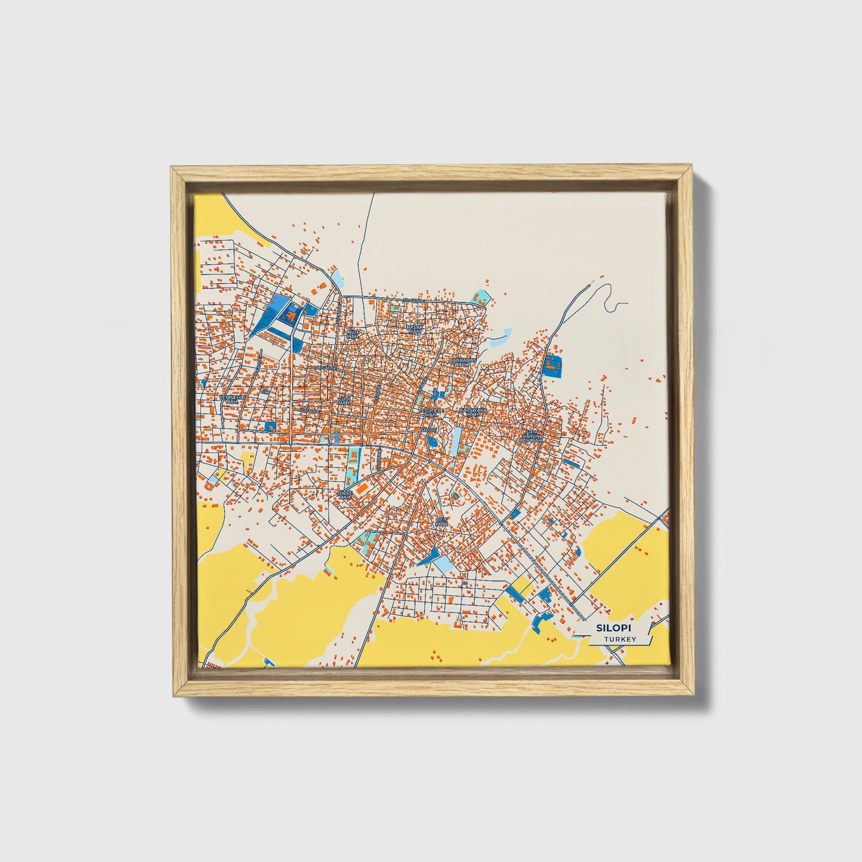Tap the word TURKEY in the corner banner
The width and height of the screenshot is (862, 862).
coord(620,639)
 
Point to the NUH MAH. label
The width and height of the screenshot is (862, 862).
coord(353,333)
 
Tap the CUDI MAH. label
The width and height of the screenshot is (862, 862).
coord(344,400)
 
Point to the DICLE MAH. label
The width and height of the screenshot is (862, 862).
coord(345,495)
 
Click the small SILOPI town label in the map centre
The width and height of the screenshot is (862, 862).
coord(429,429)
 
